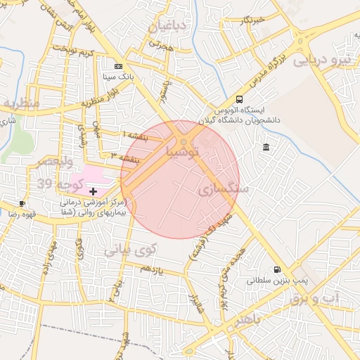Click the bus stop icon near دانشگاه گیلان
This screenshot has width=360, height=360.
pyautogui.click(x=239, y=100)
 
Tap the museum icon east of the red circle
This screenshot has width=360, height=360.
pyautogui.click(x=266, y=147)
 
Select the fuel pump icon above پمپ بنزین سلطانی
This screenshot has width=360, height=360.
pyautogui.click(x=276, y=269)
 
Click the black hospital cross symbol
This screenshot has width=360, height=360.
pyautogui.click(x=93, y=191)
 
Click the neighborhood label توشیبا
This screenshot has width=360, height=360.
pyautogui.click(x=182, y=150)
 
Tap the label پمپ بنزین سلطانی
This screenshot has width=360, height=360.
pyautogui.click(x=270, y=280)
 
